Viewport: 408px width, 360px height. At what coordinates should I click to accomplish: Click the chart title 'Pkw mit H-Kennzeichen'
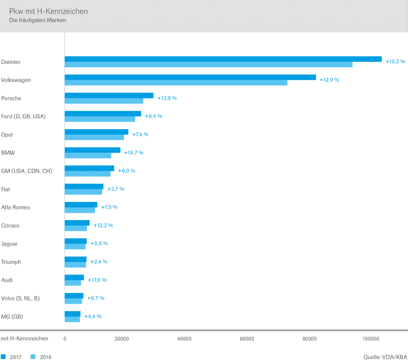49,11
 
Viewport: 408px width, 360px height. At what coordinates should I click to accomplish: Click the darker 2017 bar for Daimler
223,59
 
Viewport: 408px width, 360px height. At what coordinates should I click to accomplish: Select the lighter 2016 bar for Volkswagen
176,82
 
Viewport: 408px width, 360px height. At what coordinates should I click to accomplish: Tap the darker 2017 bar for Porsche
109,96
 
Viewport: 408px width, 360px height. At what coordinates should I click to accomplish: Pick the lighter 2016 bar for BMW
88,155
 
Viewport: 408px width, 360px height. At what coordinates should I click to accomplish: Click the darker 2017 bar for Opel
97,132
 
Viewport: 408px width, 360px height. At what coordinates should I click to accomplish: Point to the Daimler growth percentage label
395,62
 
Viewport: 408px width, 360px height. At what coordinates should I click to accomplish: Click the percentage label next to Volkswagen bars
329,80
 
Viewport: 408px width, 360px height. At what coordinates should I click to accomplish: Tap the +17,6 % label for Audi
97,280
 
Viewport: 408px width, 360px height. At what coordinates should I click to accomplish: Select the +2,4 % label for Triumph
99,262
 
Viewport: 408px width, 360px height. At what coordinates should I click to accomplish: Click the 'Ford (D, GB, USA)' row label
23,116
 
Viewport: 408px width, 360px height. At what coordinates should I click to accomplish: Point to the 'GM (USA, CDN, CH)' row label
26,171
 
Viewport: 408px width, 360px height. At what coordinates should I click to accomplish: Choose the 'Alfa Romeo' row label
16,207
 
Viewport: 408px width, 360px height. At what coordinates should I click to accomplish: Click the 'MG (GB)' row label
12,316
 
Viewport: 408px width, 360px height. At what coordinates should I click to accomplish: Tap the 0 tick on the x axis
65,339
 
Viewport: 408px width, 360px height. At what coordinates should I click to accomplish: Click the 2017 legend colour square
3,357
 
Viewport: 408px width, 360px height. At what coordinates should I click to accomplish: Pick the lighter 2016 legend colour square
33,357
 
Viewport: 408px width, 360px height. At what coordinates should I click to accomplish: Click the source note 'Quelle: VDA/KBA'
385,357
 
